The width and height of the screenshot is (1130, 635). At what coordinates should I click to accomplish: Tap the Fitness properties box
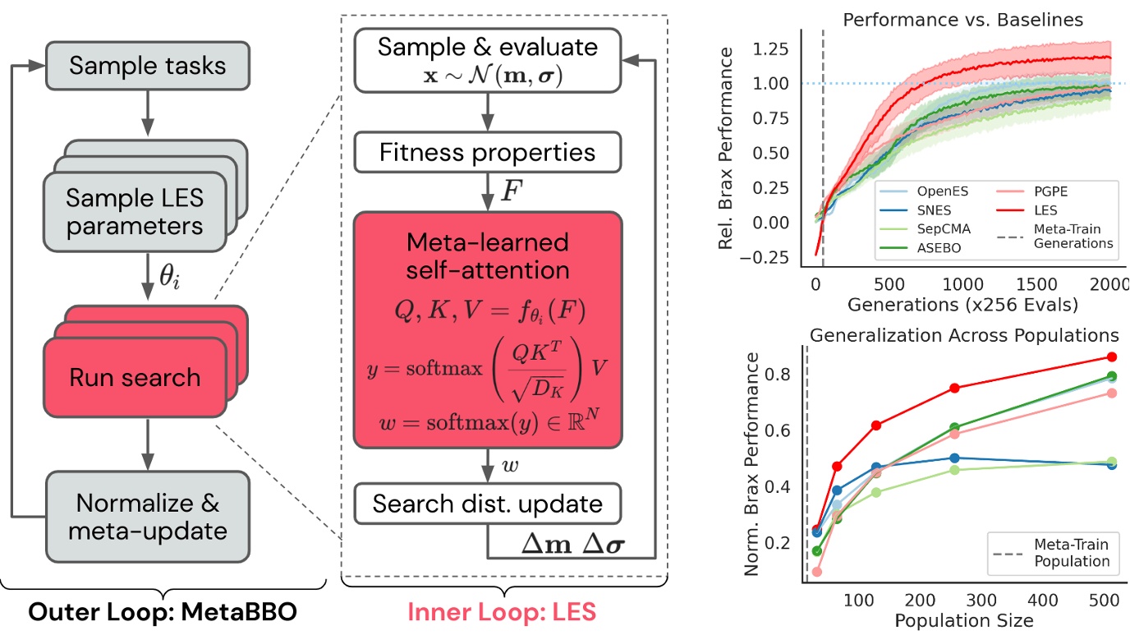[487, 152]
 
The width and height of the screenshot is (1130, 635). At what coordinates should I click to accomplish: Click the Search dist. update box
[487, 503]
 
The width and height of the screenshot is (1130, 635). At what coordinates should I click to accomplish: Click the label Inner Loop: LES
[503, 612]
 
